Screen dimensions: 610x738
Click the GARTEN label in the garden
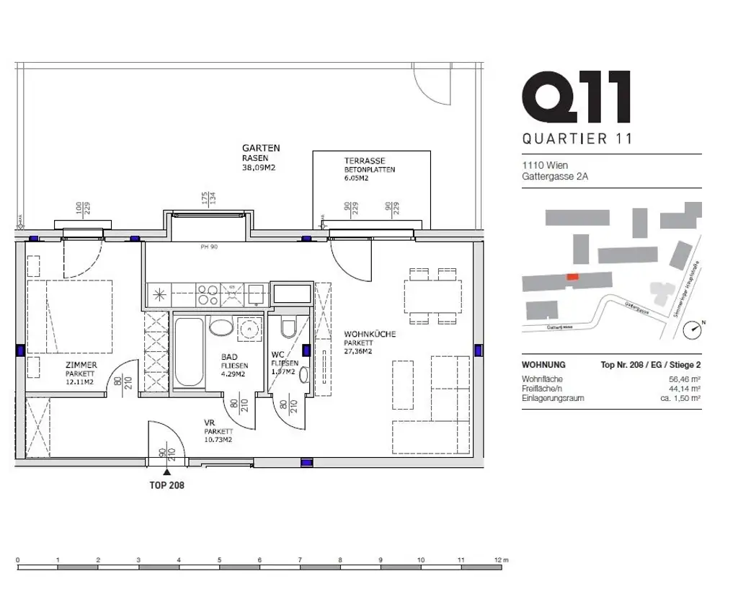261,148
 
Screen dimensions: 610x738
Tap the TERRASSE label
364,161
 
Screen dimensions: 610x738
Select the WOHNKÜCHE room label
370,335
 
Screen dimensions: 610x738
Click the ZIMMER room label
80,365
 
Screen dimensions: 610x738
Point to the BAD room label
229,357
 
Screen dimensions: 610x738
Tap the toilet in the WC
289,329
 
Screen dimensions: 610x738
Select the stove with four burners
208,294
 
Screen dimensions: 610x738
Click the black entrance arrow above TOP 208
166,471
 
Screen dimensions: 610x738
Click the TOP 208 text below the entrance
166,485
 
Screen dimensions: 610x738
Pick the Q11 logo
577,99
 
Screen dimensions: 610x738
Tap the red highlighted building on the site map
572,276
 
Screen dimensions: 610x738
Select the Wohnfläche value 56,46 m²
685,379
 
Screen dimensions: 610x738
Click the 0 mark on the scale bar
17,560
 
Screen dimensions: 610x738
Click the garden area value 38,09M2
260,167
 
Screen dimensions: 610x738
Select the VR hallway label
210,423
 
